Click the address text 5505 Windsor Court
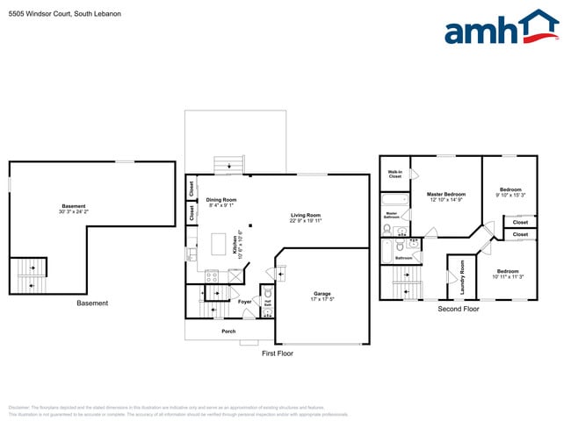pos(64,14)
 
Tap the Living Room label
pos(306,216)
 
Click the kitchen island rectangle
pos(220,243)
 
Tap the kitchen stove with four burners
pos(212,276)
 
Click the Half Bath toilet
pos(267,310)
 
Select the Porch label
pos(228,332)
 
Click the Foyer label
pos(245,302)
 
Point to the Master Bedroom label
pos(446,194)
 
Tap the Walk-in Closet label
pos(395,174)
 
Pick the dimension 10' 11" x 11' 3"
pos(509,277)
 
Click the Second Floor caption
pos(458,309)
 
